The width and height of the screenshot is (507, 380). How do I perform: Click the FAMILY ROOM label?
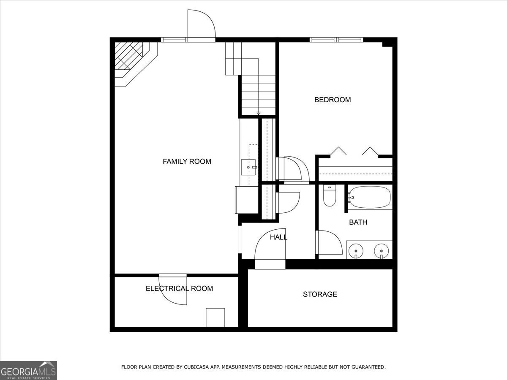pyautogui.click(x=187, y=161)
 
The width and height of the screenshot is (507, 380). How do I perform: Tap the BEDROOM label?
pyautogui.click(x=333, y=100)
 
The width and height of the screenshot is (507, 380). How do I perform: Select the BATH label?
pyautogui.click(x=358, y=222)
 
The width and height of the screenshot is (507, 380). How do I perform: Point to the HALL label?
pyautogui.click(x=278, y=237)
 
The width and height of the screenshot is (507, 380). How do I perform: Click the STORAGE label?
pyautogui.click(x=320, y=294)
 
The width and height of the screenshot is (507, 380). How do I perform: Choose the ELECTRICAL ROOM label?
pyautogui.click(x=179, y=288)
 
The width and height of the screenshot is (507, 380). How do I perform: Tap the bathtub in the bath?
pyautogui.click(x=369, y=198)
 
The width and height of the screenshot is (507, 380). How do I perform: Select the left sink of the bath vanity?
pyautogui.click(x=356, y=250)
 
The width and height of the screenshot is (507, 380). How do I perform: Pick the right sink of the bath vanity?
pyautogui.click(x=382, y=250)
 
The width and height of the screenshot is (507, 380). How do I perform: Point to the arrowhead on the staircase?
pyautogui.click(x=259, y=113)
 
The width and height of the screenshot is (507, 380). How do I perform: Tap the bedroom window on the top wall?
pyautogui.click(x=336, y=40)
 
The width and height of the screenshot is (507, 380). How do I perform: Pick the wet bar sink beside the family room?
pyautogui.click(x=248, y=167)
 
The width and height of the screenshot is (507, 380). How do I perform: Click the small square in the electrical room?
pyautogui.click(x=215, y=318)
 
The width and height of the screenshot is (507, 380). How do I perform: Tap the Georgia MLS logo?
pyautogui.click(x=28, y=370)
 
